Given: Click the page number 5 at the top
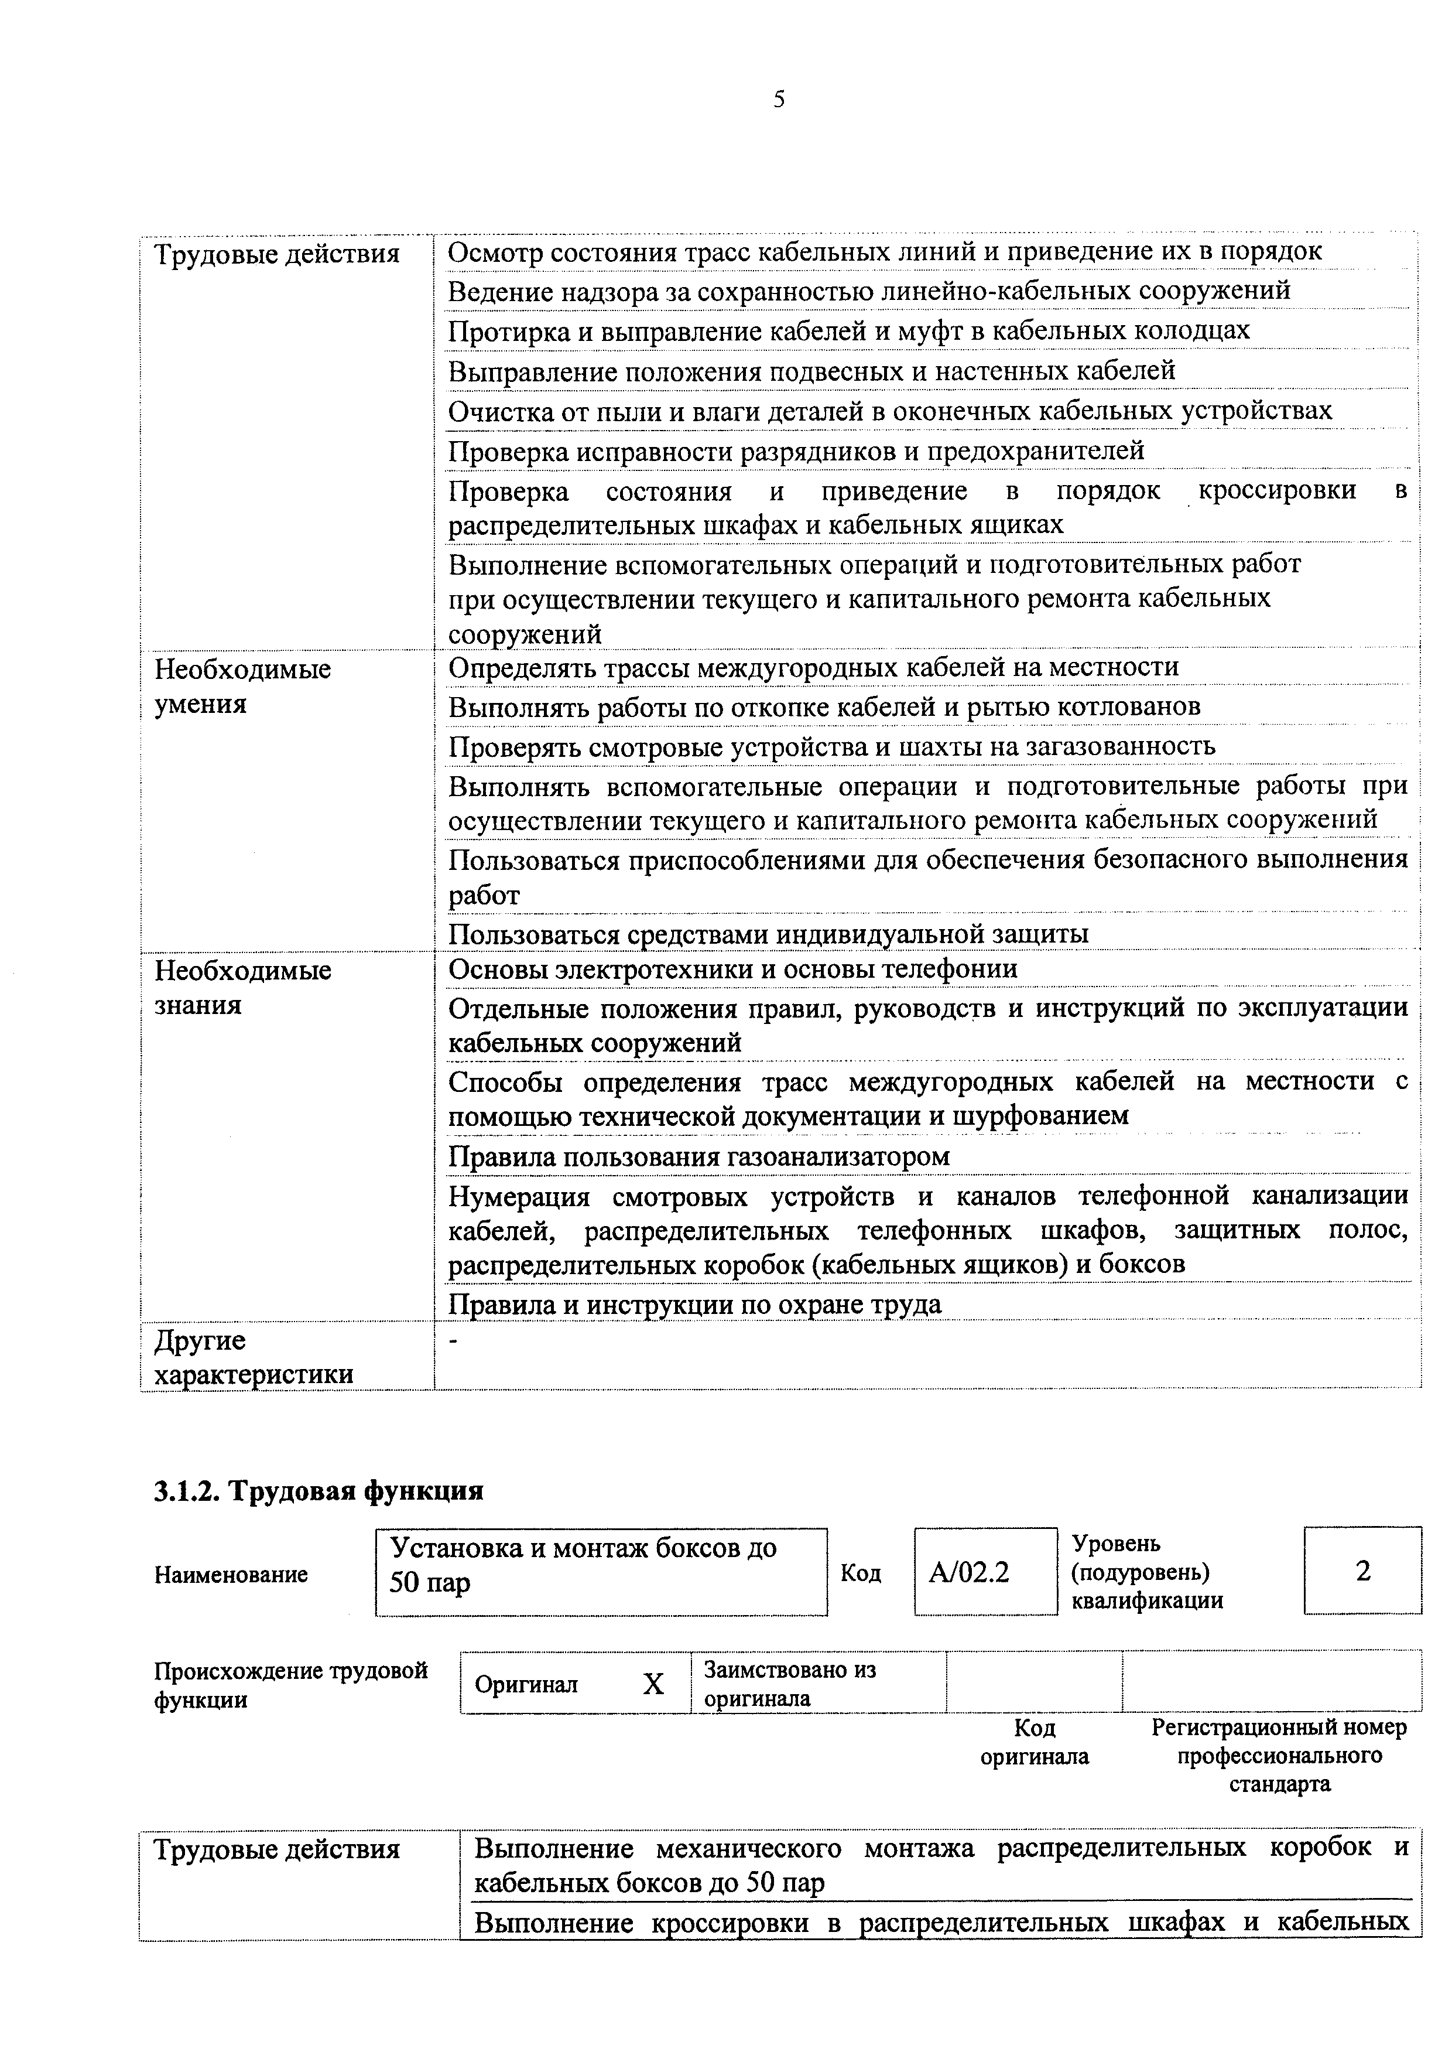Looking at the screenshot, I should click(778, 100).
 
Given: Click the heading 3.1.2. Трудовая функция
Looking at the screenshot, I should click(319, 1490).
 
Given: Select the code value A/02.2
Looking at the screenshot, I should click(969, 1572).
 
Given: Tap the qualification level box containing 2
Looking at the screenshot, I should click(1362, 1571).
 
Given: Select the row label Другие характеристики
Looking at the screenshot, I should click(253, 1357).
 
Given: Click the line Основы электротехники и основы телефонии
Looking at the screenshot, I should click(732, 970).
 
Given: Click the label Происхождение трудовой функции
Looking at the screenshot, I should click(291, 1684).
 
